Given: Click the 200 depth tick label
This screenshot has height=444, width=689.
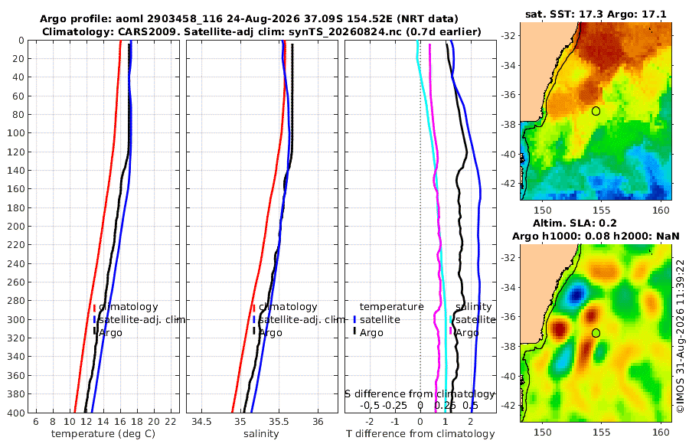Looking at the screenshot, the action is pos(15,226).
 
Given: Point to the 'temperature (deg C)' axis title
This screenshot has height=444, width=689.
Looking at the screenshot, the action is pos(103,434).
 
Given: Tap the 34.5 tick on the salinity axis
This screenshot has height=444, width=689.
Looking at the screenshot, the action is pos(201,422).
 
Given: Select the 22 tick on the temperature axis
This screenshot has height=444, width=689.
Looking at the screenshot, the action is pos(170,422).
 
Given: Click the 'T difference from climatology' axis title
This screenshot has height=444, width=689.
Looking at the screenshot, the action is pos(420,434).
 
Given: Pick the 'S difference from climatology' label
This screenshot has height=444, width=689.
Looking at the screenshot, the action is pos(420,393).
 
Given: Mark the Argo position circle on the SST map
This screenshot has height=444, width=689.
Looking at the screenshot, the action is pos(596,111).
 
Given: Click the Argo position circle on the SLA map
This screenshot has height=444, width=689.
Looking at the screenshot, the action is pos(596,333).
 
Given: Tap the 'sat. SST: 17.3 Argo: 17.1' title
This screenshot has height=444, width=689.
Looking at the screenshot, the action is pos(596,15).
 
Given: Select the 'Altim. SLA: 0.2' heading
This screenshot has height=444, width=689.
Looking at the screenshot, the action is pos(575,223).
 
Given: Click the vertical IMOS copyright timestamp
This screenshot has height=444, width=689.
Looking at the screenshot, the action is pos(681,336).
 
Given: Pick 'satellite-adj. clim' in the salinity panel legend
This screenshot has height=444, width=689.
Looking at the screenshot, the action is pos(301,319).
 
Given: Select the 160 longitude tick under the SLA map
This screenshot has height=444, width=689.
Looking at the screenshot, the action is pos(661,432).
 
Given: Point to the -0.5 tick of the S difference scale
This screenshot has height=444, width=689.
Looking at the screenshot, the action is pos(370,406).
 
